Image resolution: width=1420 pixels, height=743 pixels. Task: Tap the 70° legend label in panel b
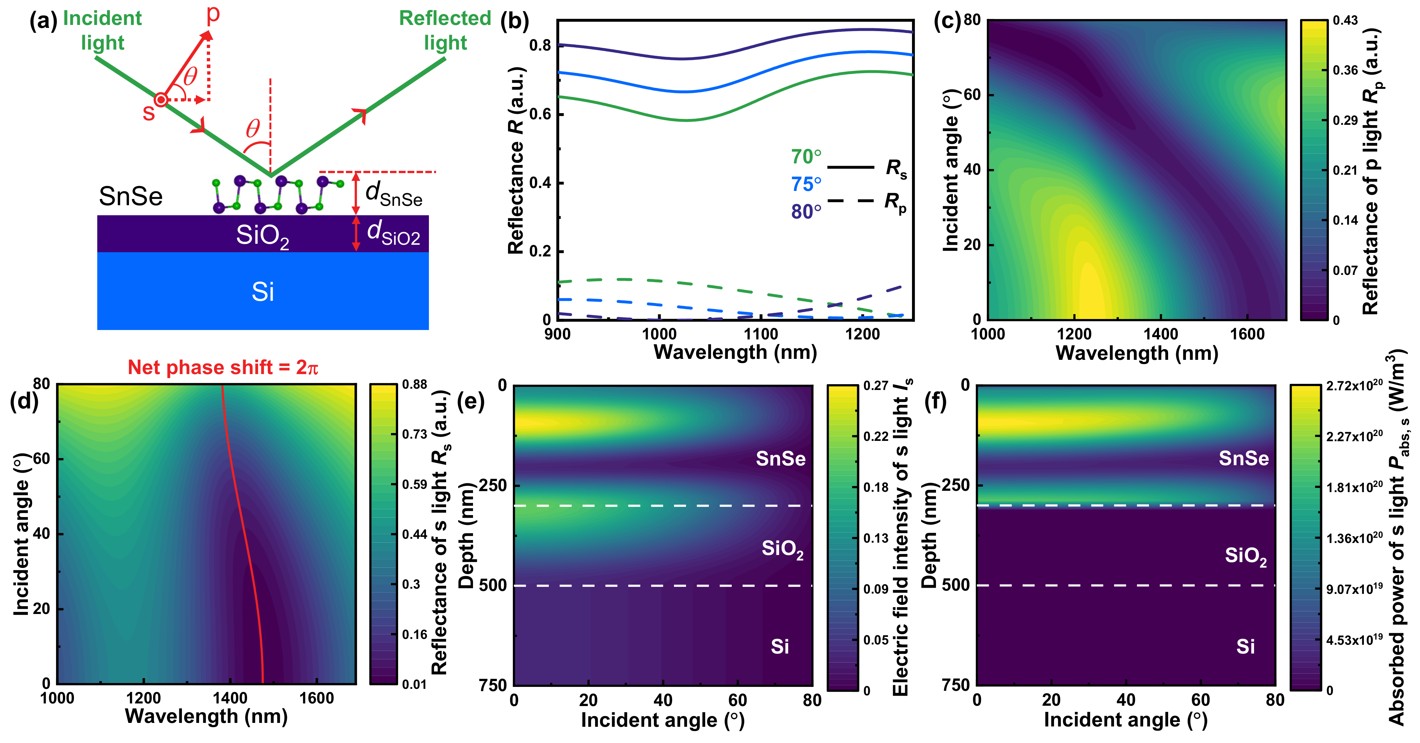click(806, 157)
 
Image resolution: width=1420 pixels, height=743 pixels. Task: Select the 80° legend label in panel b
click(806, 212)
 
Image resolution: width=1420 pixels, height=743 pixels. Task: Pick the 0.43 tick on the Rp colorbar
click(1345, 20)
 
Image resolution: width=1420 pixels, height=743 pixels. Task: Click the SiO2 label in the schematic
click(262, 236)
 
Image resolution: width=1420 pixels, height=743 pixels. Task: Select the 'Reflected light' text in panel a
click(445, 30)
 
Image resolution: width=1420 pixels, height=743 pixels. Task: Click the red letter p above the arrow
click(213, 14)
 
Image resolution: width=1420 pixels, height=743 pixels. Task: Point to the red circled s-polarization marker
click(160, 100)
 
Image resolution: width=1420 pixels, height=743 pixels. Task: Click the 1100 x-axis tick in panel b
click(761, 334)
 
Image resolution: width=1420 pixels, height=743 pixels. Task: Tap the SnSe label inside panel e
click(780, 459)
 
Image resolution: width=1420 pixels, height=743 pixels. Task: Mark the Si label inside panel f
click(1245, 646)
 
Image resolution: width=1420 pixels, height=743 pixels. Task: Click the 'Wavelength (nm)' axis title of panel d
click(206, 716)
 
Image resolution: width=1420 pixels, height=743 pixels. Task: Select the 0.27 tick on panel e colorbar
click(875, 386)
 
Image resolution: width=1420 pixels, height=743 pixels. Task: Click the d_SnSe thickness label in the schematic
click(394, 194)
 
